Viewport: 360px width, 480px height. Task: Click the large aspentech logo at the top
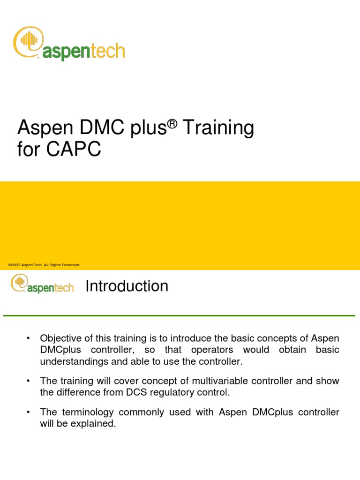tap(69, 45)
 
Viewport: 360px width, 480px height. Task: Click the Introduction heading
tap(127, 286)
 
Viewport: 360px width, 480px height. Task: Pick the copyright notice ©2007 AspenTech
tap(44, 265)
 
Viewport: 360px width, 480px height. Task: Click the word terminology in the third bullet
tap(87, 412)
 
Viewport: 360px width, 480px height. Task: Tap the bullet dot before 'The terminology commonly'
tap(29, 412)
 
